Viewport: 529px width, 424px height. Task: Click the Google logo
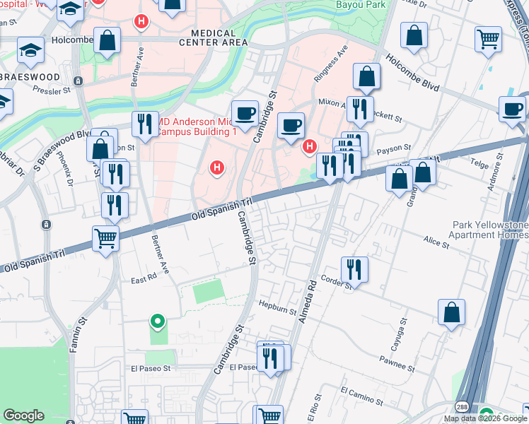(24, 416)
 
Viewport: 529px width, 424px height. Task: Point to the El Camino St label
(361, 396)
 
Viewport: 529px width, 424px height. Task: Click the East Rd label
(143, 280)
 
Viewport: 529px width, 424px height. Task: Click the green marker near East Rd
(158, 323)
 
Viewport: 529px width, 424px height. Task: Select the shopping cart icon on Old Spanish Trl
(105, 238)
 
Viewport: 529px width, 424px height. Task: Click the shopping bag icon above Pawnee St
(451, 312)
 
